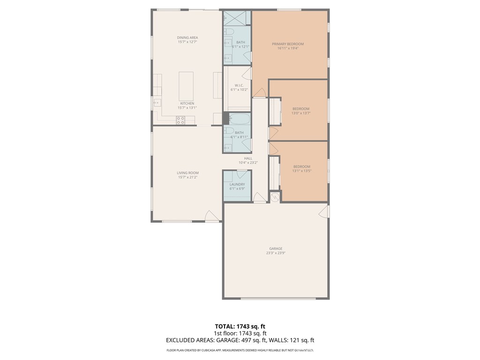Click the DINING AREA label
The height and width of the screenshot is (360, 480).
point(187,37)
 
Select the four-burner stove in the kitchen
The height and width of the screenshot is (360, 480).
point(180,120)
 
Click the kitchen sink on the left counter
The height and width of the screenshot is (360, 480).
point(156,103)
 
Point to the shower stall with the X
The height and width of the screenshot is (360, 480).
point(237,18)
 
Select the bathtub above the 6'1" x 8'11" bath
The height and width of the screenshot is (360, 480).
point(237,119)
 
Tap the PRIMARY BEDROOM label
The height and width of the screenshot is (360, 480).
point(288,44)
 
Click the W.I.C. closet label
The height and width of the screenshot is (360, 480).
point(239,85)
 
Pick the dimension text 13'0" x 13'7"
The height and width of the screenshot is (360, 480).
point(301,113)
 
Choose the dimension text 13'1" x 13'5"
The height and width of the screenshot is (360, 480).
point(301,171)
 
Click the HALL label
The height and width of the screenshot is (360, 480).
point(248,158)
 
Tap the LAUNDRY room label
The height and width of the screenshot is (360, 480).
point(237,184)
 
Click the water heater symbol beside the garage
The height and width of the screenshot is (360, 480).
point(275,197)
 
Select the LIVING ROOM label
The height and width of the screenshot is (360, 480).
point(187,172)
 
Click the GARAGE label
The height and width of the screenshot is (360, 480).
point(276,248)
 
